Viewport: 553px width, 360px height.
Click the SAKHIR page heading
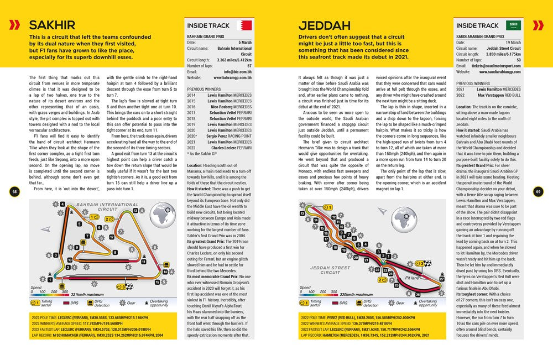click(52, 25)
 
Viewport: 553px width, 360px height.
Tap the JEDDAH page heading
click(324, 25)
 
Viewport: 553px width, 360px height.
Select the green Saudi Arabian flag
click(514, 25)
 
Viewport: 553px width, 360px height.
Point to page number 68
click(15, 191)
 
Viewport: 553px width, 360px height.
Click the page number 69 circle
click(538, 191)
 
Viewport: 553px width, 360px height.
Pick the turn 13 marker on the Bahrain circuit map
click(135, 211)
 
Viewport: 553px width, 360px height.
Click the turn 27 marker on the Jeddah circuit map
click(441, 278)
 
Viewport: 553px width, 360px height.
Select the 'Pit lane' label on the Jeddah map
click(413, 278)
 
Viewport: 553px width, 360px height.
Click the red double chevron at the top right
click(538, 25)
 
